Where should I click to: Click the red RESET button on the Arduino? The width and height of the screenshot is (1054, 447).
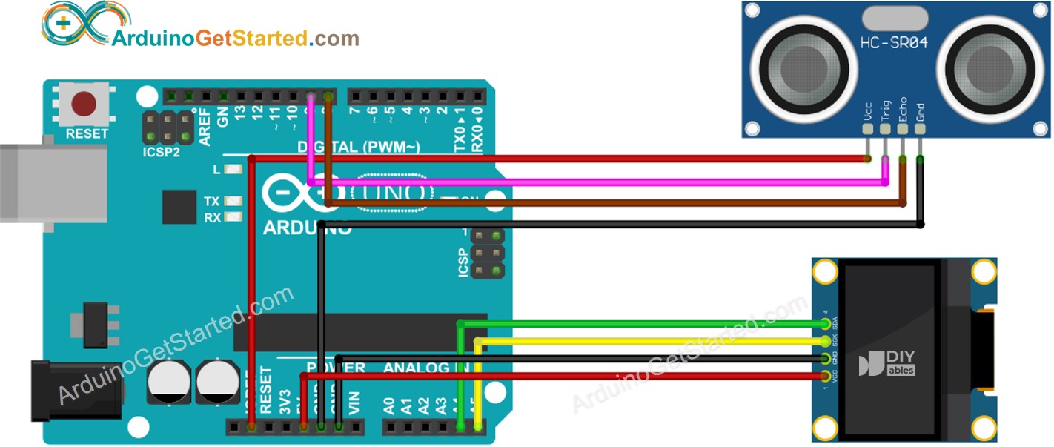(x=87, y=105)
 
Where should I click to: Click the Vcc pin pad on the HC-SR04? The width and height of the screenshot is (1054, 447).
(x=866, y=128)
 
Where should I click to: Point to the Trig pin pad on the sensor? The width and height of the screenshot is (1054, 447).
(x=884, y=128)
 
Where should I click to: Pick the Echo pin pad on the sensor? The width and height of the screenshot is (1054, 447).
(x=902, y=128)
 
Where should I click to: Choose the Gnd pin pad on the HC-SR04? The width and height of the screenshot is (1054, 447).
(x=920, y=128)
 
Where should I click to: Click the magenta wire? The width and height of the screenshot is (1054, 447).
(x=593, y=182)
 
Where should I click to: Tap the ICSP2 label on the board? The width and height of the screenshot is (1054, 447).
(x=162, y=152)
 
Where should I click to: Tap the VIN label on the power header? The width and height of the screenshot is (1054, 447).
(x=355, y=403)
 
